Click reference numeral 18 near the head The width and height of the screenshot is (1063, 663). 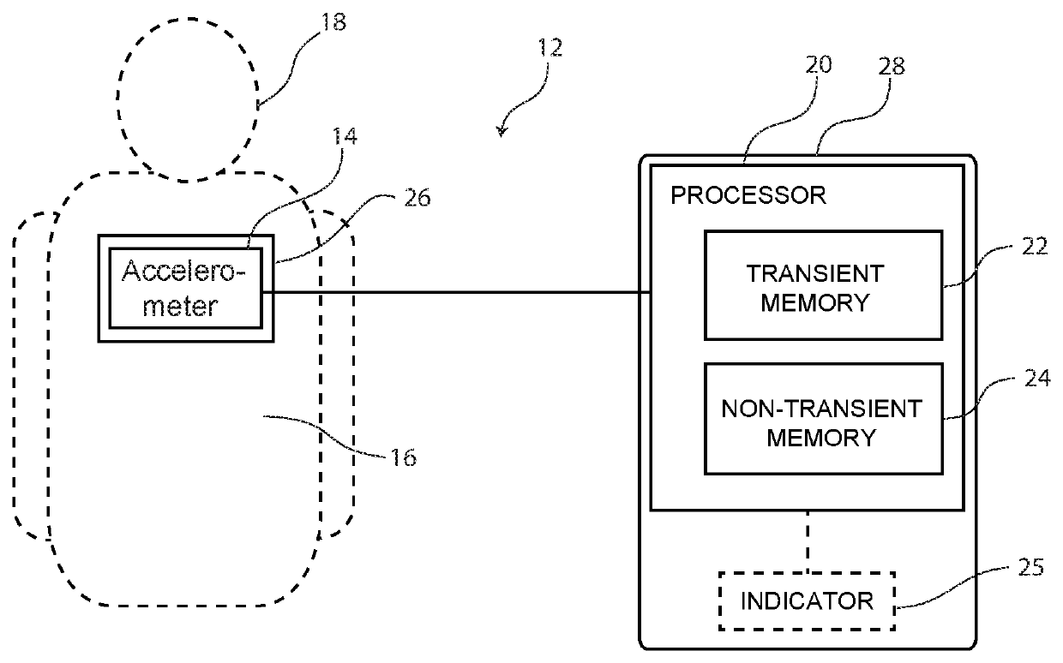pos(334,21)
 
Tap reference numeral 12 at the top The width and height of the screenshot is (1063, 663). pos(550,47)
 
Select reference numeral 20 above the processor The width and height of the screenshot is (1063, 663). pos(819,64)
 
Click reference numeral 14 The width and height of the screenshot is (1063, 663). pos(345,136)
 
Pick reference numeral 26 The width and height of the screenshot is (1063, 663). pos(417,198)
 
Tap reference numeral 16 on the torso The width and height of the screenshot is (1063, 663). pos(404,457)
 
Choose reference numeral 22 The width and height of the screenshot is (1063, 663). pos(1035,246)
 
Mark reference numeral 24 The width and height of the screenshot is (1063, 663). pos(1037,378)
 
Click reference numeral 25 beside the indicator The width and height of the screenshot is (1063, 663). pos(1031,567)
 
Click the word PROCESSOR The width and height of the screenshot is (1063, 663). pos(748,195)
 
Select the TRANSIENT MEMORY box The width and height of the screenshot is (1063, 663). pos(823,285)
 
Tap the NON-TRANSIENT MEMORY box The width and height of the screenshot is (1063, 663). pos(823,419)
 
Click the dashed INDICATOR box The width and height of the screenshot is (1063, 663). pos(808,601)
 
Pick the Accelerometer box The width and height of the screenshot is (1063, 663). pos(185,289)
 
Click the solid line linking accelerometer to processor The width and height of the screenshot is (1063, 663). pos(456,292)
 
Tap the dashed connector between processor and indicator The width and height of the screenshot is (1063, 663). pos(808,541)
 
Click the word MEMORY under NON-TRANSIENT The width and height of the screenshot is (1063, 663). pos(821,438)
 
